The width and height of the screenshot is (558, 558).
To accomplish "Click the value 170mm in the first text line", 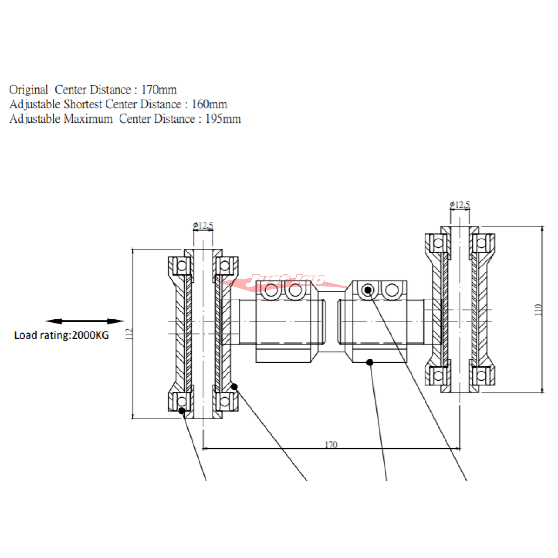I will pyautogui.click(x=159, y=90).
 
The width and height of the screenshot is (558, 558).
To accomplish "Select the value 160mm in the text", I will pyautogui.click(x=209, y=104).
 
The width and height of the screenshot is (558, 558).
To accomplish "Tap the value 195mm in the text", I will pyautogui.click(x=223, y=119).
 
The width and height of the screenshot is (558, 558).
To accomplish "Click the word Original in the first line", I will pyautogui.click(x=29, y=90).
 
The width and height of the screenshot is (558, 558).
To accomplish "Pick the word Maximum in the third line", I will pyautogui.click(x=88, y=119).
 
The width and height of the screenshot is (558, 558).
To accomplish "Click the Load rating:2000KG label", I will pyautogui.click(x=61, y=335).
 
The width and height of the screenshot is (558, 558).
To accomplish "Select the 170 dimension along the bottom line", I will pyautogui.click(x=331, y=445).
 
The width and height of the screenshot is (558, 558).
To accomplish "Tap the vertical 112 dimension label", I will pyautogui.click(x=129, y=334).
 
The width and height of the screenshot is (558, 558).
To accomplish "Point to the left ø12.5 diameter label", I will pyautogui.click(x=203, y=226).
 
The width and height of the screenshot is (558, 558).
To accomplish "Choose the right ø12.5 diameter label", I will pyautogui.click(x=460, y=205).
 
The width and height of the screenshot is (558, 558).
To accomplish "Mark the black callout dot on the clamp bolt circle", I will pyautogui.click(x=368, y=290).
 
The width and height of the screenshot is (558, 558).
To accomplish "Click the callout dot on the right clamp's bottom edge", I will pyautogui.click(x=370, y=362).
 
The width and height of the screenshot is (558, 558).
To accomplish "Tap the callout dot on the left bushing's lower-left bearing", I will pyautogui.click(x=182, y=411).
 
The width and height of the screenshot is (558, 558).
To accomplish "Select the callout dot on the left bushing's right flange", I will pyautogui.click(x=234, y=386).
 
